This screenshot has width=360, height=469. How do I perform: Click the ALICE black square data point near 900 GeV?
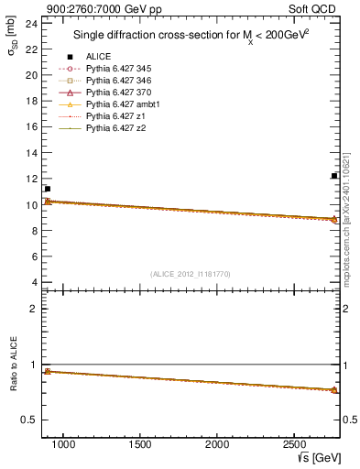48,189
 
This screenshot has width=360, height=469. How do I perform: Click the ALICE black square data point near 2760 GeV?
334,176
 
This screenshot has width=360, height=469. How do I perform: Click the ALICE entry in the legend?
98,57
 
